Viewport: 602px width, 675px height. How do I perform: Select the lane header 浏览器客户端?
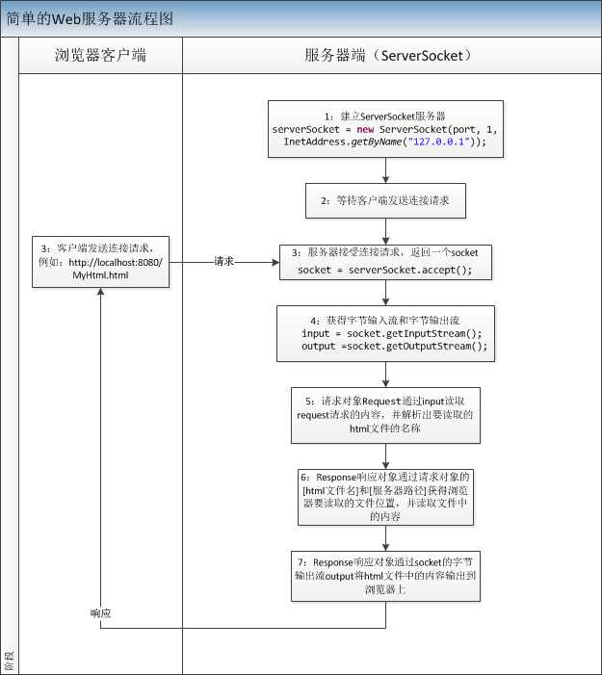[x=101, y=55]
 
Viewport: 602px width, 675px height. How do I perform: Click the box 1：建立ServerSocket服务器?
[x=385, y=128]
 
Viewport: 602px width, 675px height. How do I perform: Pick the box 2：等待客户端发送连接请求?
[x=385, y=201]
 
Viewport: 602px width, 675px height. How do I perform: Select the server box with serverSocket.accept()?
[x=385, y=261]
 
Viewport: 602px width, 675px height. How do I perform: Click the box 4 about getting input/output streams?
[x=385, y=333]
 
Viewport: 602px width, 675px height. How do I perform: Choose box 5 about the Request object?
[x=385, y=414]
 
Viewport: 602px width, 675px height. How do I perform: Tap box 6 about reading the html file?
[x=385, y=497]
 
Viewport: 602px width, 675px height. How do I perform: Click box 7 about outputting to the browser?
[x=385, y=575]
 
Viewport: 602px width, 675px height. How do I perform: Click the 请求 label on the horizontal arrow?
[x=224, y=261]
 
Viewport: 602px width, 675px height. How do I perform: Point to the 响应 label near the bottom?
[x=101, y=612]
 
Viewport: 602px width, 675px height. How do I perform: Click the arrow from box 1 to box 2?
[x=385, y=169]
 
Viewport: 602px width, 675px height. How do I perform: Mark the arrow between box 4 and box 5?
[x=385, y=375]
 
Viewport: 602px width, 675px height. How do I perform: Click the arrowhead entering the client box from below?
[x=101, y=294]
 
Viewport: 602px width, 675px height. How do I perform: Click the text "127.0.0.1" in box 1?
[x=437, y=142]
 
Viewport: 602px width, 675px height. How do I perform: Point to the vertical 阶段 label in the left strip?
[x=9, y=662]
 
